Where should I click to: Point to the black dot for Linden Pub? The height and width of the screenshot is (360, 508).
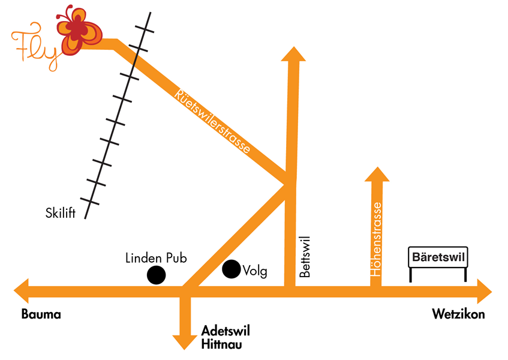click(157, 275)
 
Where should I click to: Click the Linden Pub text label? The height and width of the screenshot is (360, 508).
click(157, 258)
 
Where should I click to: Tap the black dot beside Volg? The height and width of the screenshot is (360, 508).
click(232, 269)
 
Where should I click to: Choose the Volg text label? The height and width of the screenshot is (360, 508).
click(254, 271)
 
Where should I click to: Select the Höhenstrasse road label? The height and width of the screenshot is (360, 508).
click(377, 239)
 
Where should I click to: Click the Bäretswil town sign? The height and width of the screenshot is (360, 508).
click(438, 258)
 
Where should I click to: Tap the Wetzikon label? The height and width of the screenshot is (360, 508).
click(458, 314)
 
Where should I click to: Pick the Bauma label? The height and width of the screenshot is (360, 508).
click(41, 314)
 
